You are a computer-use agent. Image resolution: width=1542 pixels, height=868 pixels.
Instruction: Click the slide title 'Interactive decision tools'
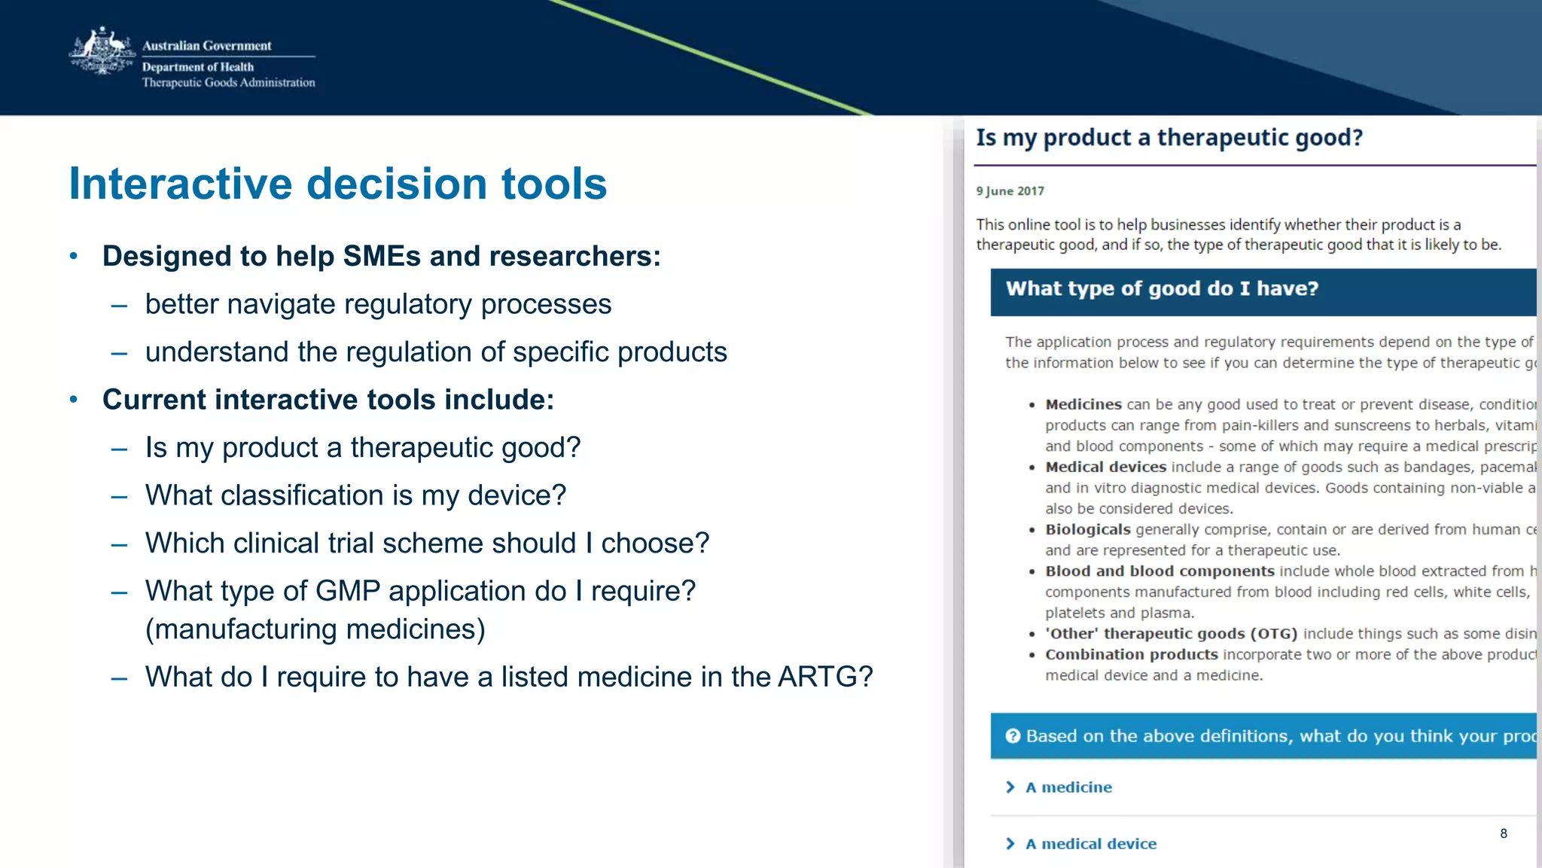(337, 184)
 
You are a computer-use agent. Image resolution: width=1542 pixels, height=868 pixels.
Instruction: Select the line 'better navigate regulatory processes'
(378, 305)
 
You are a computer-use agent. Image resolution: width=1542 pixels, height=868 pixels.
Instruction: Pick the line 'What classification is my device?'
(355, 495)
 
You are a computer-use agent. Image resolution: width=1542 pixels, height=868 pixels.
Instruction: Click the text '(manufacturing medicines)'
(315, 629)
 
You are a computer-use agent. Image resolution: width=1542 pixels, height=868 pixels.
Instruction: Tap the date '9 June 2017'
(1010, 191)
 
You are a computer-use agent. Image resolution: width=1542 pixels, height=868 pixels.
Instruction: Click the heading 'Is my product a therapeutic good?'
(1169, 138)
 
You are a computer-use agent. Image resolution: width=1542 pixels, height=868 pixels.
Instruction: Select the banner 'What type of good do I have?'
(1162, 289)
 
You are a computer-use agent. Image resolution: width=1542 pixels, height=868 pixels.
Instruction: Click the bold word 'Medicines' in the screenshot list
(1083, 404)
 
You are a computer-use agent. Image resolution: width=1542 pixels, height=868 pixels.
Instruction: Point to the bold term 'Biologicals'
(1087, 529)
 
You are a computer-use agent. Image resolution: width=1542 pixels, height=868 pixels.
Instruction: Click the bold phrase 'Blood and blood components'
(1160, 571)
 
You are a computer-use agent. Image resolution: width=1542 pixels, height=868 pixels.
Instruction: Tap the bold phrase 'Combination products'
(1131, 654)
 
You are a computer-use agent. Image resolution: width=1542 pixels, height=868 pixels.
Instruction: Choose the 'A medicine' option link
(1068, 787)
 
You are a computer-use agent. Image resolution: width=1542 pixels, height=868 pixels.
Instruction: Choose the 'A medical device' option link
(1090, 844)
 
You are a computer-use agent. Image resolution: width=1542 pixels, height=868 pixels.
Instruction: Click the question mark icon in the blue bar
(1013, 736)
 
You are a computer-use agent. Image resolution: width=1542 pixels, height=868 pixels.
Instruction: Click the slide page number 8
(1503, 833)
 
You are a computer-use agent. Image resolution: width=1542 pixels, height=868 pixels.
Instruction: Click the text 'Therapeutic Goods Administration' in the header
(228, 83)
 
